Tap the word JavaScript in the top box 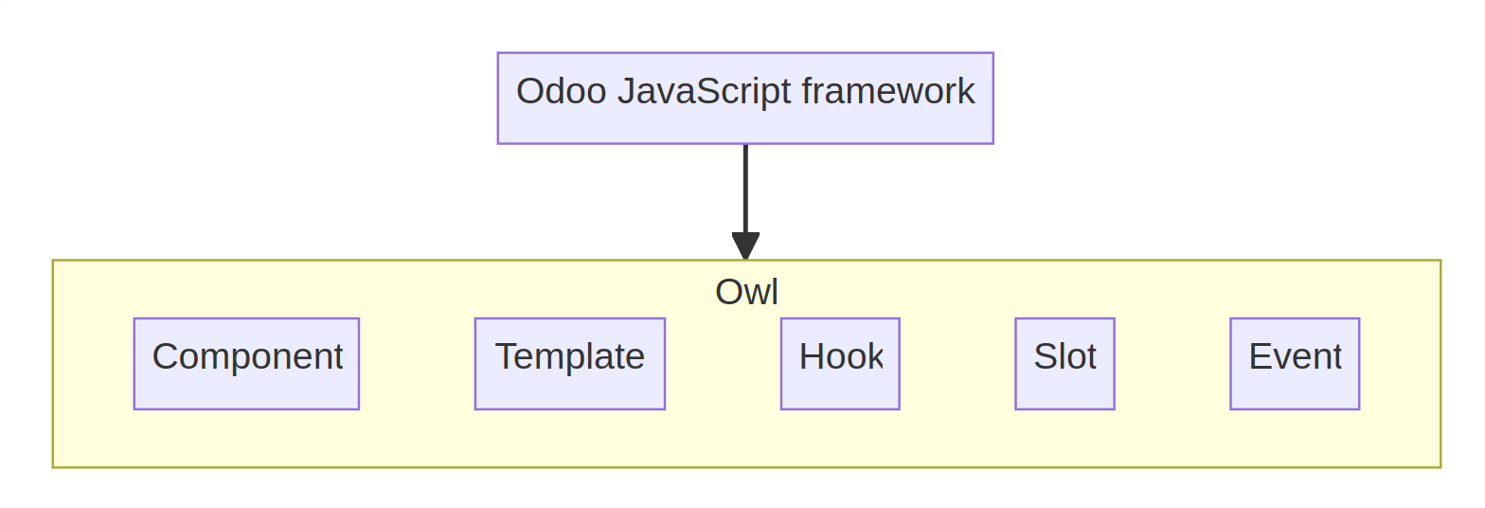pyautogui.click(x=704, y=92)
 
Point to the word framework pyautogui.click(x=887, y=92)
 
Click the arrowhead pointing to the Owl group pyautogui.click(x=745, y=246)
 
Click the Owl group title pyautogui.click(x=746, y=292)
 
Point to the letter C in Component pyautogui.click(x=165, y=357)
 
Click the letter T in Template pyautogui.click(x=505, y=356)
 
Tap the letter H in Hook pyautogui.click(x=810, y=356)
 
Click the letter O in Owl pyautogui.click(x=728, y=292)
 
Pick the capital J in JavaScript pyautogui.click(x=626, y=92)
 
